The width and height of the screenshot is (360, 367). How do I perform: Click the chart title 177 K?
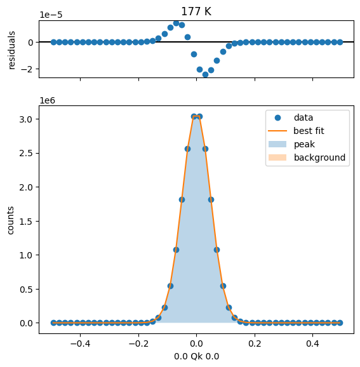(x=196, y=11)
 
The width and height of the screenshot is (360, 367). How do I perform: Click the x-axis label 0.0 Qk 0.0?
(x=196, y=356)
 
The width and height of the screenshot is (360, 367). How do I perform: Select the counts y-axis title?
(x=11, y=220)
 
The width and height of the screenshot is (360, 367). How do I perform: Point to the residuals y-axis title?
(x=11, y=50)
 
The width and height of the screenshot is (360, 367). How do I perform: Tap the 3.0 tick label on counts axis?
(x=25, y=119)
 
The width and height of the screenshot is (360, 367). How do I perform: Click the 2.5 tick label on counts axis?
(x=25, y=153)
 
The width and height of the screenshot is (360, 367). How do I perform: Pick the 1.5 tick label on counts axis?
(x=25, y=222)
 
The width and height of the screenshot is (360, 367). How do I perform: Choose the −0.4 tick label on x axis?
(x=80, y=344)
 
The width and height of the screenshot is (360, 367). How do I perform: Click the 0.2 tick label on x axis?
(x=255, y=344)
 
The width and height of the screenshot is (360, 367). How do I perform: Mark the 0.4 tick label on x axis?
(x=313, y=344)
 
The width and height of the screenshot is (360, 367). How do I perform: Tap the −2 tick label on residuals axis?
(x=27, y=69)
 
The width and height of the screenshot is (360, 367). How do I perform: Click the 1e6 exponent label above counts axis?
(x=47, y=100)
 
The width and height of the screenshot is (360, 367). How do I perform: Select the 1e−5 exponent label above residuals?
(x=51, y=15)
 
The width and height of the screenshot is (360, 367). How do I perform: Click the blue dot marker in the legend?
(x=277, y=117)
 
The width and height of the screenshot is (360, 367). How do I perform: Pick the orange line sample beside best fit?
(x=277, y=131)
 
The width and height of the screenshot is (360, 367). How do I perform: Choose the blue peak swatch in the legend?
(x=277, y=144)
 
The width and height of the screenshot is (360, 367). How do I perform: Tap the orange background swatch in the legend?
(x=277, y=157)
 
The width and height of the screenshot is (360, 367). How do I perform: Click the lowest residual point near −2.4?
(x=205, y=75)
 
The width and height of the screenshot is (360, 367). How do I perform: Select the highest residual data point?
(x=177, y=23)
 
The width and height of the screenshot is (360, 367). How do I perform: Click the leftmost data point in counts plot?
(x=53, y=323)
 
